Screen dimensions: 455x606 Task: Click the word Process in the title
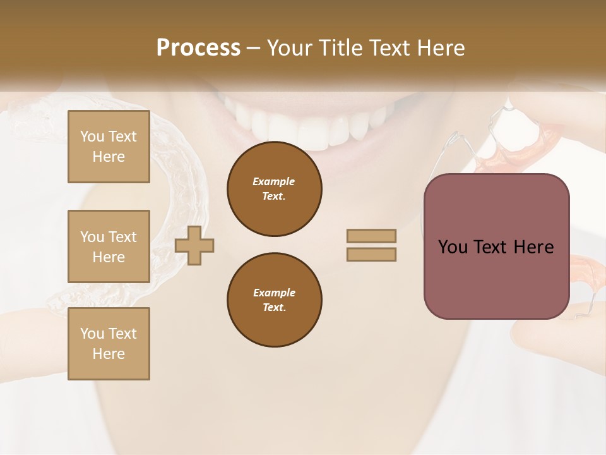tap(198, 48)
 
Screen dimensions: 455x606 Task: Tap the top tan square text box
tap(109, 147)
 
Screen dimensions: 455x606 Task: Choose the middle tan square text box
tap(109, 246)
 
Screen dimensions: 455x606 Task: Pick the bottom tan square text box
tap(109, 343)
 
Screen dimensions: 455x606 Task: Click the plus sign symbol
tap(194, 245)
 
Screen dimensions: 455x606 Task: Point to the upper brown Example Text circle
tap(274, 189)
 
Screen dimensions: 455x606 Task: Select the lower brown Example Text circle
tap(274, 300)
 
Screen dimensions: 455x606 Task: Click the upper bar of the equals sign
tap(371, 236)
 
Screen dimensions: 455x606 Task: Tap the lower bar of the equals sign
tap(371, 254)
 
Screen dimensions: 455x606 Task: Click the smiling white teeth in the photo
tap(309, 123)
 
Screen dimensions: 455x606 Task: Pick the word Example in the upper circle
tap(274, 181)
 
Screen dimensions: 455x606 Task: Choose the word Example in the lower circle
tap(274, 293)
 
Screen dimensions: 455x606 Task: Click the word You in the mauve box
tap(453, 247)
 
